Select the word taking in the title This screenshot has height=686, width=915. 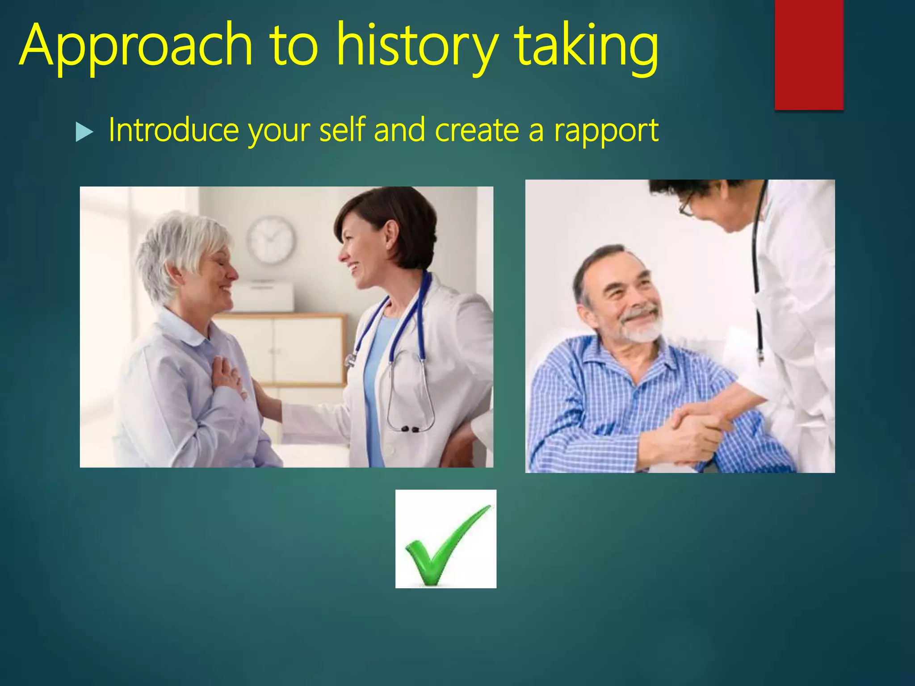(x=585, y=47)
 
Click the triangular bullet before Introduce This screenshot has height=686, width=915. (x=84, y=132)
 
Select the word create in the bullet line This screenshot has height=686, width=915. (x=476, y=130)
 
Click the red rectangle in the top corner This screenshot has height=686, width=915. (x=809, y=54)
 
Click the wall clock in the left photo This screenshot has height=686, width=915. (x=272, y=240)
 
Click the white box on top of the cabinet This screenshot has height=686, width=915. (x=264, y=297)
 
